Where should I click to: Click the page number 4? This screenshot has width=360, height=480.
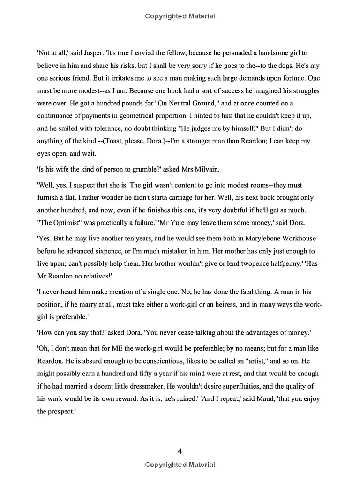180,451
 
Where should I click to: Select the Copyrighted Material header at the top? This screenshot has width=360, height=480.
180,16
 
